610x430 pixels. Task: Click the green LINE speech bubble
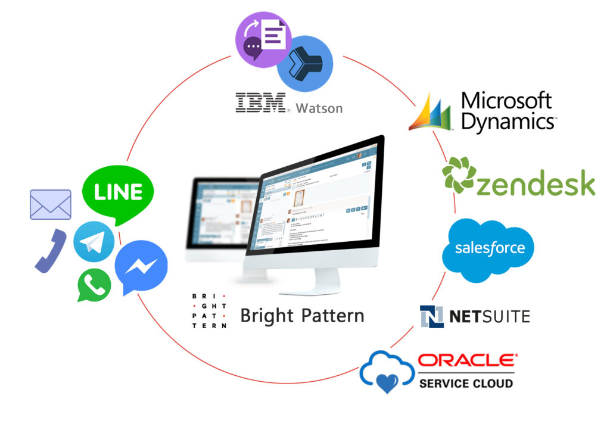[x=117, y=192]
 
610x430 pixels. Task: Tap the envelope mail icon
[x=51, y=204]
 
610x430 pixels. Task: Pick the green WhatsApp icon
[x=94, y=285]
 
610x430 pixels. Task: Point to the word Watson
[x=319, y=108]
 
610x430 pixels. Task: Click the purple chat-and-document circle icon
[x=263, y=41]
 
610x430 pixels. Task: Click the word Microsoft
[x=507, y=101]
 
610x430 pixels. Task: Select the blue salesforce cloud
[x=488, y=249]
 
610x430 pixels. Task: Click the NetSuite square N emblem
[x=432, y=316]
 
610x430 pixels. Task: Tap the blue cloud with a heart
[x=387, y=372]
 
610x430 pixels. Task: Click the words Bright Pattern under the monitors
[x=302, y=315]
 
